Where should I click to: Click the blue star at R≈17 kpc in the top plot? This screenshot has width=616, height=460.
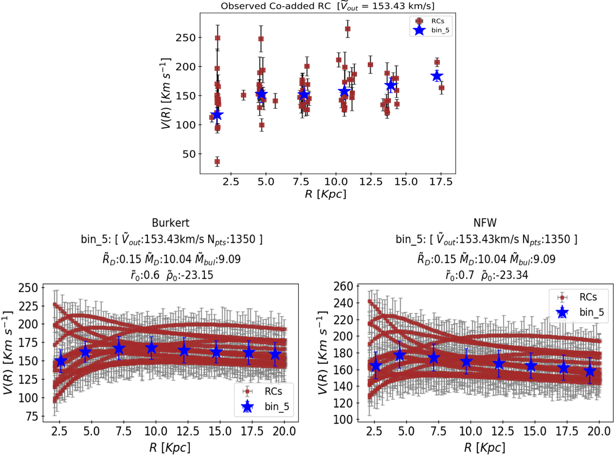point(436,76)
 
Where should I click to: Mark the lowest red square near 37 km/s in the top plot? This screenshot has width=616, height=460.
point(217,162)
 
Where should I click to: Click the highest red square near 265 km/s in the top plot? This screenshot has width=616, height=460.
point(348,29)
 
